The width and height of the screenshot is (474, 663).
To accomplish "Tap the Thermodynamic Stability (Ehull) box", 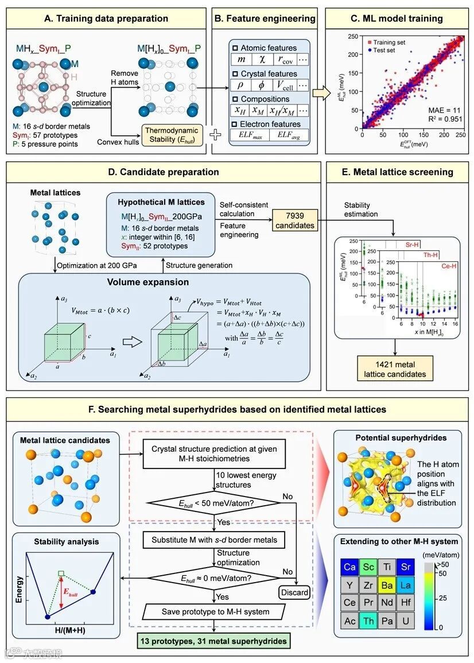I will pyautogui.click(x=173, y=137).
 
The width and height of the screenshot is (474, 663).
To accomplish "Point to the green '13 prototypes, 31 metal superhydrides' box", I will pyautogui.click(x=215, y=642).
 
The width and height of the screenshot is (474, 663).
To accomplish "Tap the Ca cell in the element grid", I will pyautogui.click(x=349, y=567).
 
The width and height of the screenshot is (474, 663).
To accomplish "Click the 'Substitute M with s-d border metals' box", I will pyautogui.click(x=215, y=540).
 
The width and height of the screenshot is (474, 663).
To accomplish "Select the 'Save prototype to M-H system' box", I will pyautogui.click(x=215, y=611).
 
